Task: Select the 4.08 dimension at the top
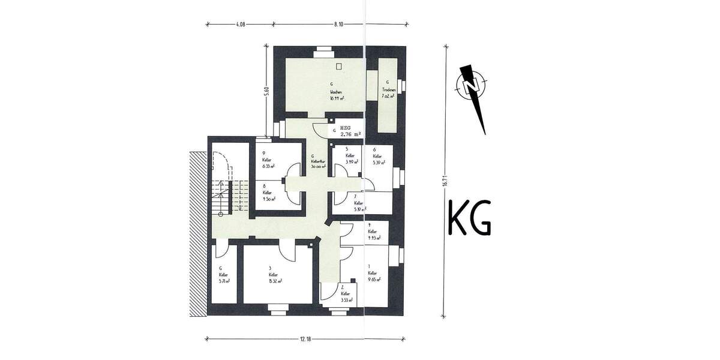[239, 25]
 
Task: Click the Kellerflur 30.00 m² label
[317, 162]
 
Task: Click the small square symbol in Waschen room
[339, 66]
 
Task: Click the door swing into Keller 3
[287, 253]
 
